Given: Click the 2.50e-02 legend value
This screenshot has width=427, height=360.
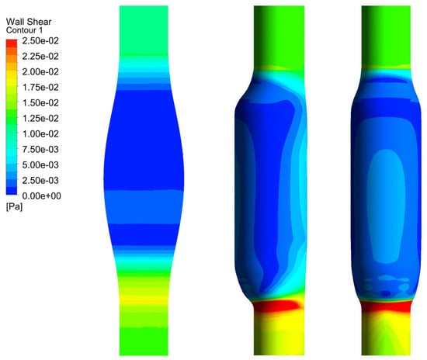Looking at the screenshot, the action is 40,41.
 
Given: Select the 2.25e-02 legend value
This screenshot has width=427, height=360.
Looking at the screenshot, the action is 40,57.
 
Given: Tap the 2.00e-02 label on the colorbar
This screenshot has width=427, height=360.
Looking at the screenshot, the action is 40,72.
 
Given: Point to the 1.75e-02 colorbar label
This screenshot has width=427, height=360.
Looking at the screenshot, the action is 40,88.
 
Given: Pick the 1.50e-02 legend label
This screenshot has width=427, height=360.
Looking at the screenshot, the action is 40,103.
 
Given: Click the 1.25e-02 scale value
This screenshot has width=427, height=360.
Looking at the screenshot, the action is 40,119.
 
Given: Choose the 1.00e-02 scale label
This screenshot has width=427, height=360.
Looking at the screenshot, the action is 40,134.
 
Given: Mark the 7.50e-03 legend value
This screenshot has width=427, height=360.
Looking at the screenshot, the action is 40,150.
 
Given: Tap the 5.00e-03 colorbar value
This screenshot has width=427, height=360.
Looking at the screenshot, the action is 40,165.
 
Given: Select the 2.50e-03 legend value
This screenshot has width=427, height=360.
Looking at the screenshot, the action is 40,181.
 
